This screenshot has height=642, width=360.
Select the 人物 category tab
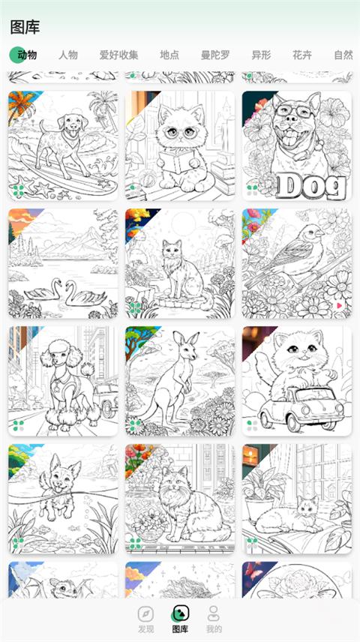click(68, 55)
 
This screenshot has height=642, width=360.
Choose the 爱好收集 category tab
click(118, 55)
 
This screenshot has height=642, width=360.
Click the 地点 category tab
click(169, 55)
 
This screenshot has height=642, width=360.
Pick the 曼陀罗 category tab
click(216, 55)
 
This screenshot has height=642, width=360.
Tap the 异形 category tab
click(261, 55)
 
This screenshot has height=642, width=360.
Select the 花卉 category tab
click(302, 55)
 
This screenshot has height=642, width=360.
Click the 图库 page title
click(25, 27)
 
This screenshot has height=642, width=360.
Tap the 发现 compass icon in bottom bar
click(146, 612)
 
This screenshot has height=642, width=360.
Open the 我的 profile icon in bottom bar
click(214, 612)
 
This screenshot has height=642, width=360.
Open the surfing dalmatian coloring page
click(63, 146)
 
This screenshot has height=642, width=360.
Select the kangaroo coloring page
click(180, 380)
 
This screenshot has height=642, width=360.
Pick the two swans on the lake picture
click(63, 263)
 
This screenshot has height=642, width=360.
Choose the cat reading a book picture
click(180, 146)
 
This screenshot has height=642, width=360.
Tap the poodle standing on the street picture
click(63, 380)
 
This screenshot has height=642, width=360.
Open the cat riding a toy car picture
click(296, 380)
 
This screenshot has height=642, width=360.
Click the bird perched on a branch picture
click(296, 263)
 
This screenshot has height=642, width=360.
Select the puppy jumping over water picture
click(63, 498)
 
